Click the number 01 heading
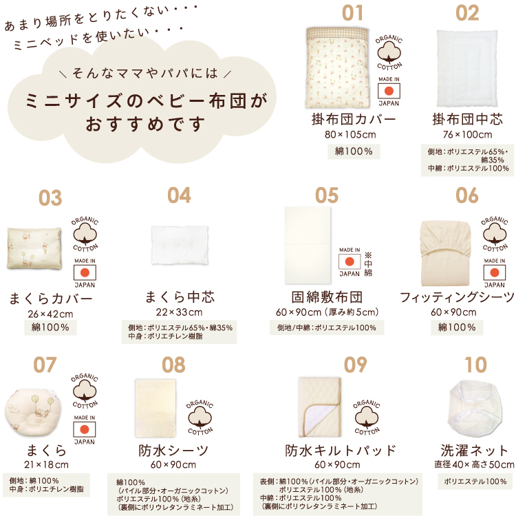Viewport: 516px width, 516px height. pos(352,13)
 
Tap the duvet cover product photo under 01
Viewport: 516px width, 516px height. pos(337,68)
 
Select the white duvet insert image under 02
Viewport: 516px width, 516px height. pos(467,68)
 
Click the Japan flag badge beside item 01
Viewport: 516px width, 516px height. pos(389,91)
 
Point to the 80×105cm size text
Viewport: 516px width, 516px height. pos(350,135)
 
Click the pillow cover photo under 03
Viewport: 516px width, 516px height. pos(34,248)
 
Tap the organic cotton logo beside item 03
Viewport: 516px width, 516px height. pos(85,234)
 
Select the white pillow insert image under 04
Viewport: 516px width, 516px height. pos(180,245)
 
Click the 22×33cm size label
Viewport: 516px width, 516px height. pos(179,312)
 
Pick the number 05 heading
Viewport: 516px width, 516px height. pos(326,195)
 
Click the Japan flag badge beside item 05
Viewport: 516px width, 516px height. pos(350,262)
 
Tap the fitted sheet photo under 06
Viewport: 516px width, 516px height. pos(446,253)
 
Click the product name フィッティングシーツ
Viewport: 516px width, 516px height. pos(457,297)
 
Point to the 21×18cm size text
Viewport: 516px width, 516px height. pos(46,464)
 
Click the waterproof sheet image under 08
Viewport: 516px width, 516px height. pos(155,408)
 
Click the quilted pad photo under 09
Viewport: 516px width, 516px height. pos(319,407)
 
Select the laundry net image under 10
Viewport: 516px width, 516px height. pos(475,409)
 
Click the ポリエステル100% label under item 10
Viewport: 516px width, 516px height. pos(475,482)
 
